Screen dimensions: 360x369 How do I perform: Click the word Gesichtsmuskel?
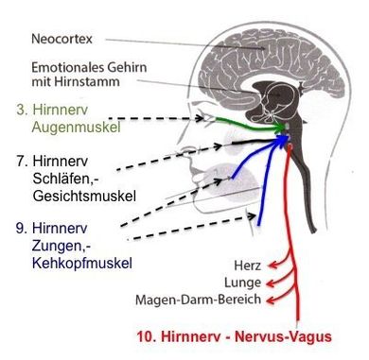(82, 195)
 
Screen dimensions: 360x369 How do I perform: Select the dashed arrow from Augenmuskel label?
(170, 120)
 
